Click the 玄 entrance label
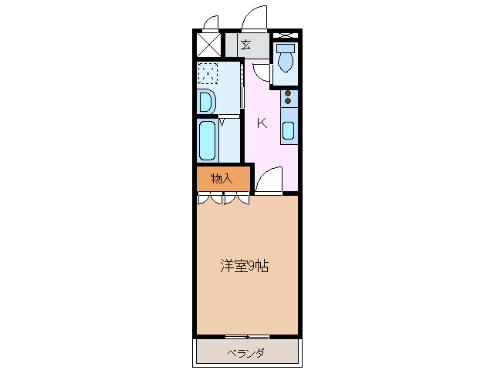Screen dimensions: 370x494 coord(245,44)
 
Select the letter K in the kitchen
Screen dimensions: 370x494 coord(262,123)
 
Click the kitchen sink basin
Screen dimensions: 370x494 coord(288,129)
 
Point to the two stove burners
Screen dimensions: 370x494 coord(288,97)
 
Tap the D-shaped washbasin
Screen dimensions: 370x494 coord(205,101)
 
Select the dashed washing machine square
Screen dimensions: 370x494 coord(208,72)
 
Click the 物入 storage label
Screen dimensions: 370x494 coord(222,178)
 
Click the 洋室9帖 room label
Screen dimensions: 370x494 coord(245,267)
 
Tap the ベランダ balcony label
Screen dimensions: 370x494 coord(246,353)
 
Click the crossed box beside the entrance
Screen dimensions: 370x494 coord(208,43)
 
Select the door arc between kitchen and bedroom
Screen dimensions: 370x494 coord(269,182)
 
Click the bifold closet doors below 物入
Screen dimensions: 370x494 coord(223,200)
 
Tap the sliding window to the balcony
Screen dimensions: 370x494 coord(247,337)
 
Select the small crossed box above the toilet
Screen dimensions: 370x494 coord(285,35)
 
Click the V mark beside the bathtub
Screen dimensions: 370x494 coord(222,121)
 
